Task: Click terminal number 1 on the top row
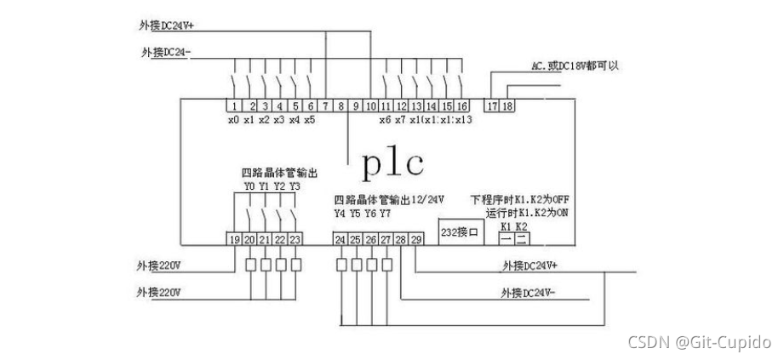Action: (233, 106)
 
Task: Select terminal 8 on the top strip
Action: (340, 106)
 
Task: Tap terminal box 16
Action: (461, 106)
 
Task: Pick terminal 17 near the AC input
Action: (491, 106)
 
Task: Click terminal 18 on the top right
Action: (506, 106)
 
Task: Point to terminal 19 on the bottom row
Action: (234, 240)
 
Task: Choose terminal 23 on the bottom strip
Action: (295, 240)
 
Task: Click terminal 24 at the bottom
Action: (340, 240)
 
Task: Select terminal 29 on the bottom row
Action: (416, 240)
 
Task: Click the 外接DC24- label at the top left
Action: (166, 52)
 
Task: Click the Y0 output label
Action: (249, 186)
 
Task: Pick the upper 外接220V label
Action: (158, 264)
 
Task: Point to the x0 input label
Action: (233, 120)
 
